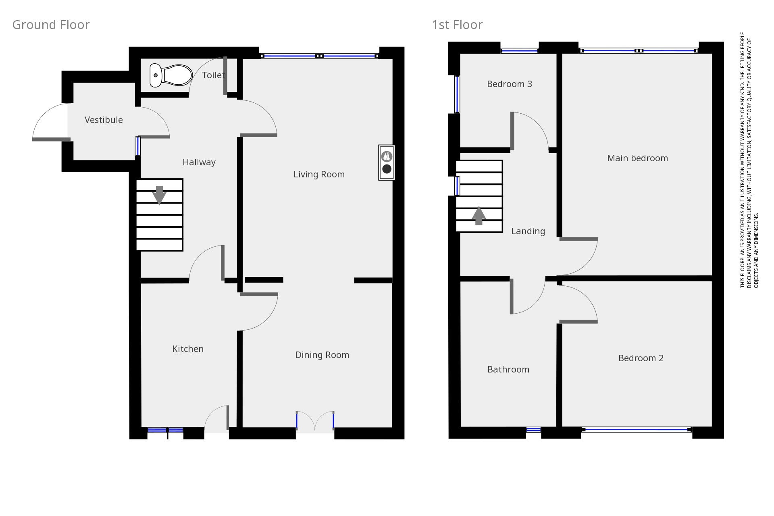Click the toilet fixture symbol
click(x=171, y=75)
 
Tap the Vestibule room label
click(x=104, y=120)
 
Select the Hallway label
click(x=199, y=162)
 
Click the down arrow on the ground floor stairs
click(x=159, y=195)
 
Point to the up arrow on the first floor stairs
click(x=479, y=215)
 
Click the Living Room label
click(x=319, y=174)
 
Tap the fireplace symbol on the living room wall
click(x=386, y=162)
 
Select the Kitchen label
click(x=188, y=349)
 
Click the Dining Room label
click(x=322, y=355)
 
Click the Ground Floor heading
click(x=51, y=25)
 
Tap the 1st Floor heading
click(x=457, y=25)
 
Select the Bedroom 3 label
click(x=510, y=84)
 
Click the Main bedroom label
click(x=637, y=158)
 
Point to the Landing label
click(x=528, y=231)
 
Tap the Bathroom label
click(x=508, y=369)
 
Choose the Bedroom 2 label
click(x=641, y=358)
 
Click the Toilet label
click(x=213, y=75)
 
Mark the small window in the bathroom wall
click(x=533, y=430)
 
